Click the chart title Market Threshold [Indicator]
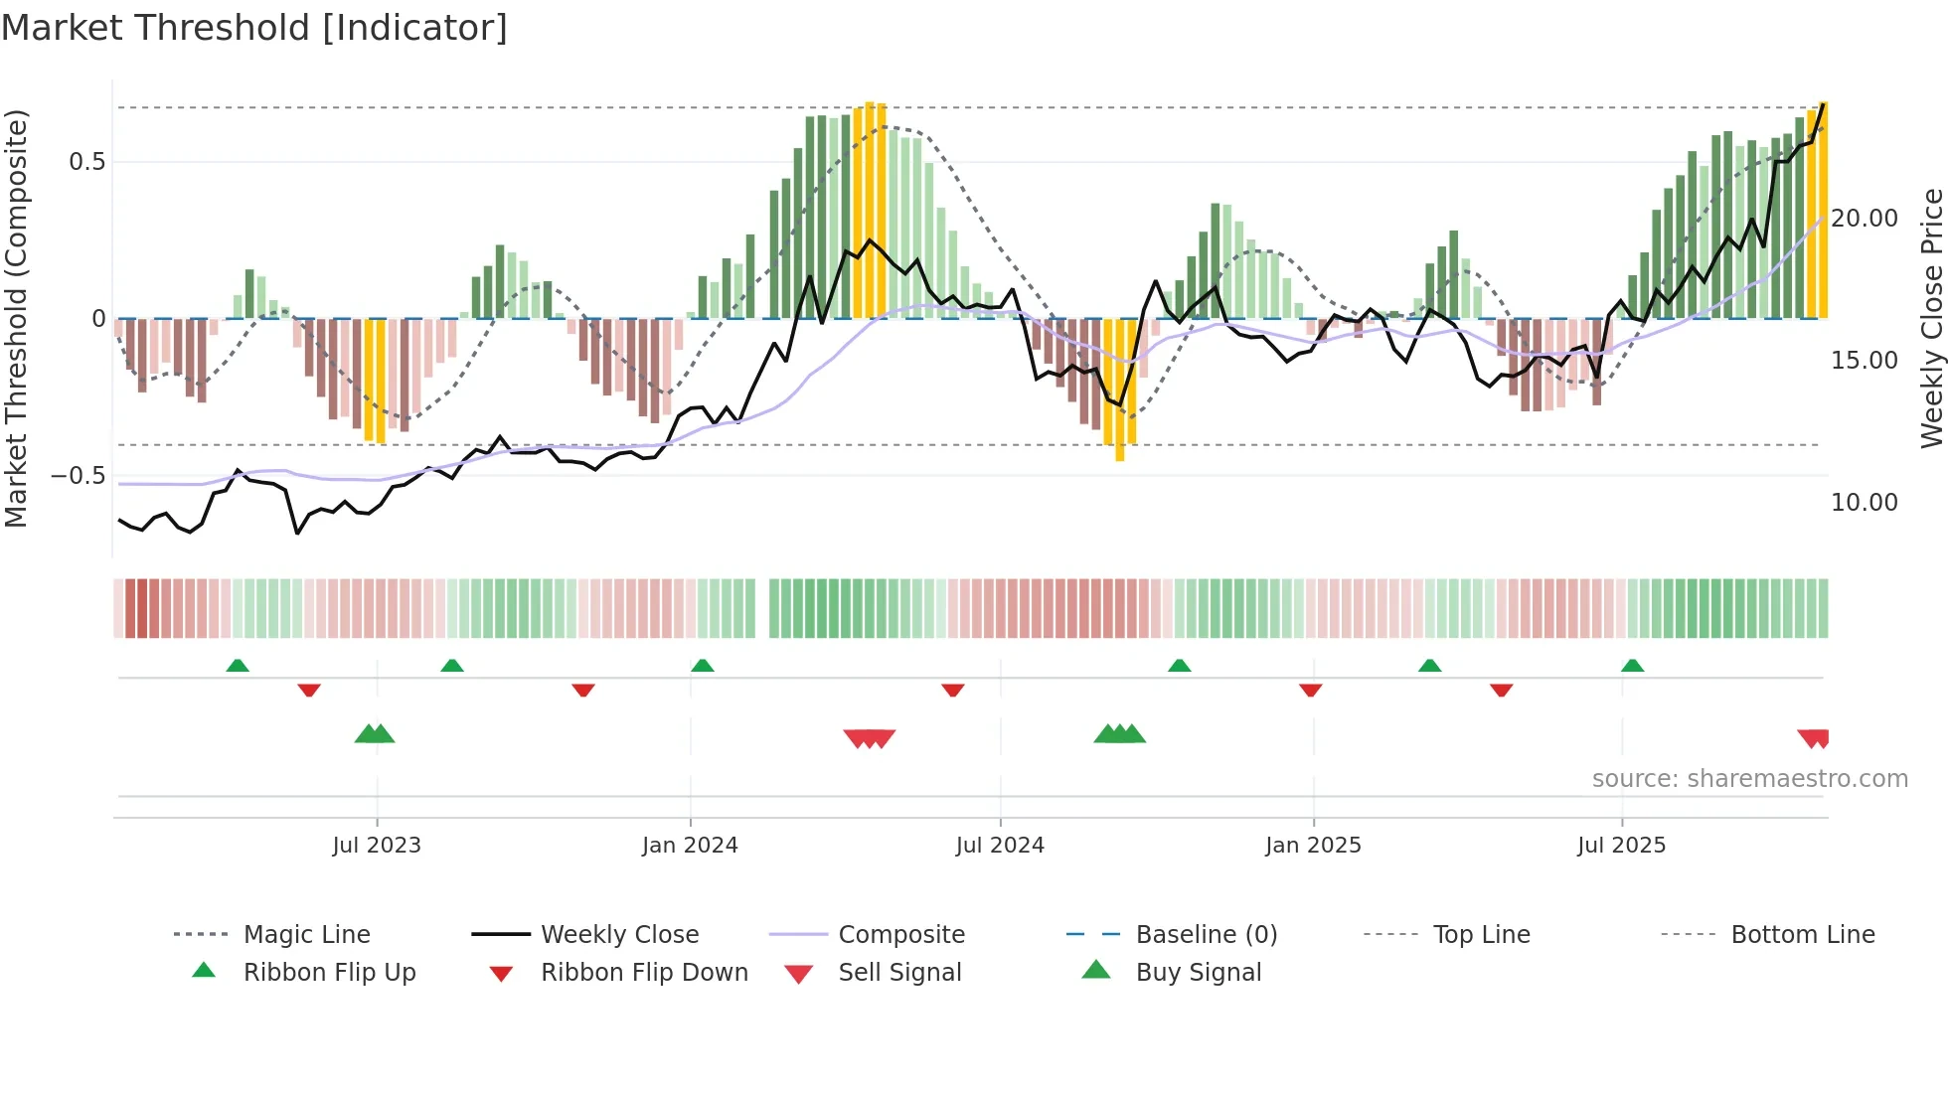(254, 28)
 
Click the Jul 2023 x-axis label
(377, 846)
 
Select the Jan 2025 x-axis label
(1313, 846)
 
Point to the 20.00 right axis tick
(1864, 219)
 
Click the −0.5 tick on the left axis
(79, 475)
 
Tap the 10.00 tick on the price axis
(1864, 503)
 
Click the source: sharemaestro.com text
(1749, 779)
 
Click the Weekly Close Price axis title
(1931, 318)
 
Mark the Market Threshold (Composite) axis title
(16, 318)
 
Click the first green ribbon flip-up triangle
(238, 666)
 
